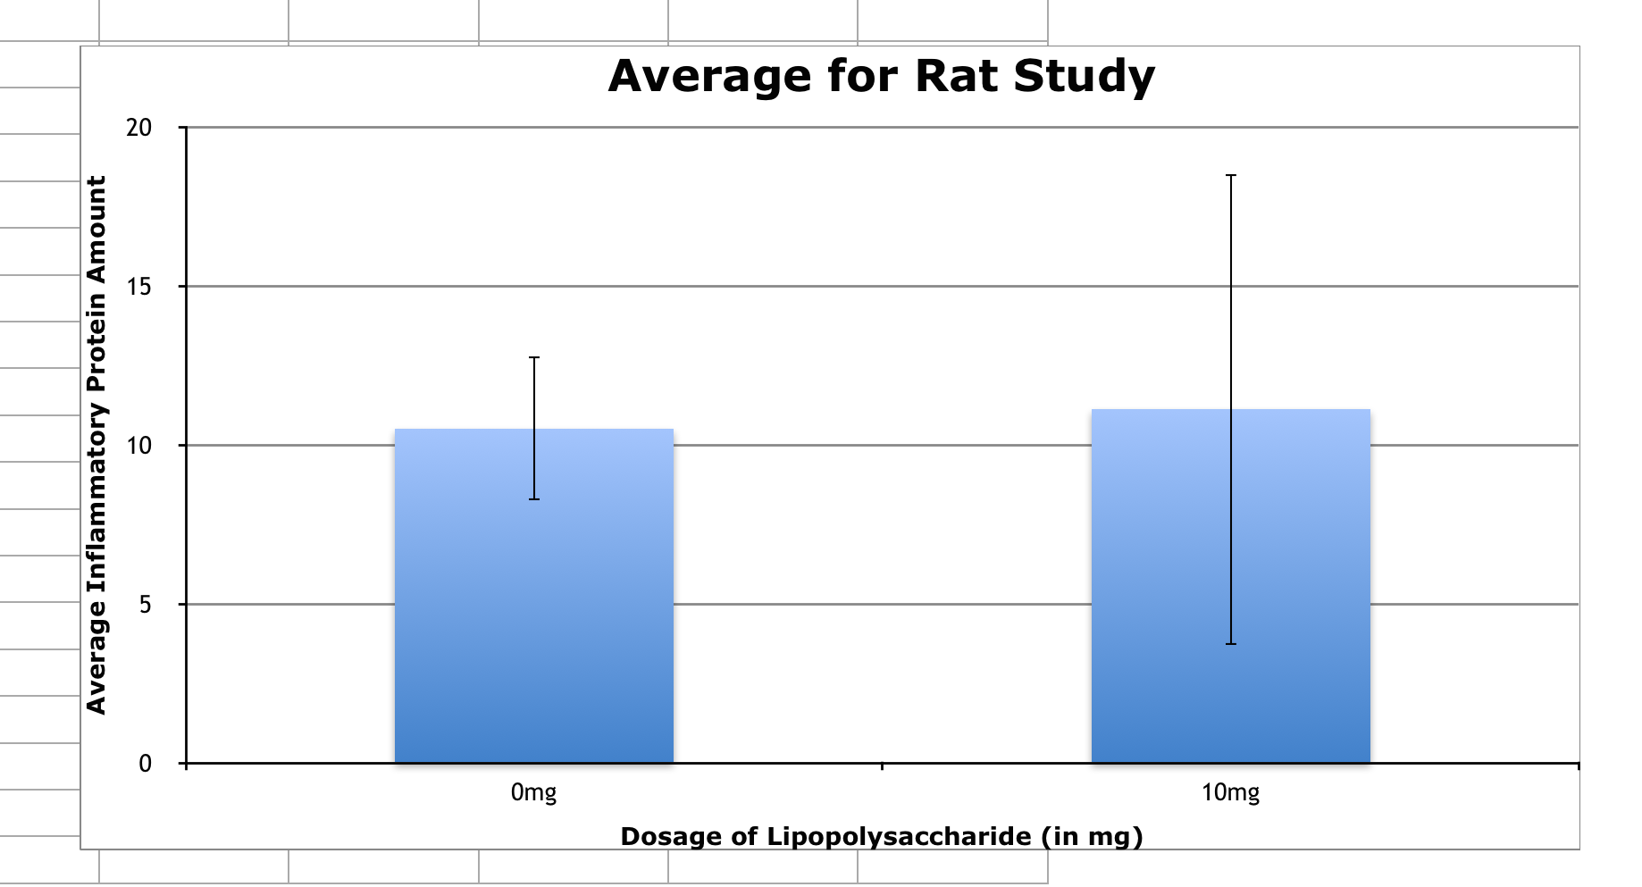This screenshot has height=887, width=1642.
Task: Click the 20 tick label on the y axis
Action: click(139, 128)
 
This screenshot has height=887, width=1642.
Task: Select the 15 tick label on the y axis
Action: click(139, 287)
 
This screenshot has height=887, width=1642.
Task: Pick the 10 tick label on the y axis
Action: click(139, 446)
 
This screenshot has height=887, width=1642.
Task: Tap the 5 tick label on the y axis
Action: click(145, 605)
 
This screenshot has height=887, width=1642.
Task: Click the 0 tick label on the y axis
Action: click(145, 764)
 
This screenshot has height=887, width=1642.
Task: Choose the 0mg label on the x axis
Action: click(533, 793)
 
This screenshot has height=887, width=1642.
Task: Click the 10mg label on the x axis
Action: click(1230, 793)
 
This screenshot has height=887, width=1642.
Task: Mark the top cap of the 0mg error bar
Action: click(534, 357)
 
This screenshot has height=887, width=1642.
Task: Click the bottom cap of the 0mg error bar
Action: click(534, 498)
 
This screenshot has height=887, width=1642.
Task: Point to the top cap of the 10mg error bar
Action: click(1231, 176)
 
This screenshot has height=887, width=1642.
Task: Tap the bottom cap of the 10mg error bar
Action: click(1231, 643)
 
